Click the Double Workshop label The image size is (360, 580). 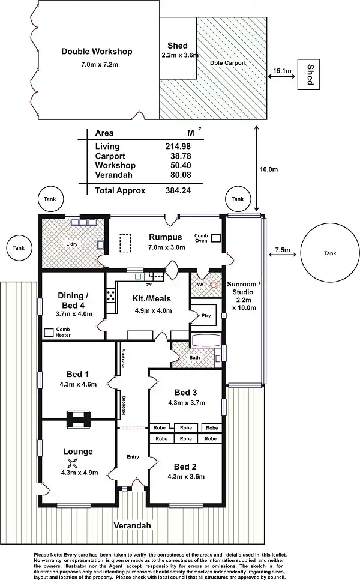click(97, 52)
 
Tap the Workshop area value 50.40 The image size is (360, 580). click(181, 165)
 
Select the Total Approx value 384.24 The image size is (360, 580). click(178, 190)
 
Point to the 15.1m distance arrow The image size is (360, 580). click(281, 77)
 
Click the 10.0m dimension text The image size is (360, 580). click(269, 169)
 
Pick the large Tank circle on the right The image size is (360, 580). click(329, 253)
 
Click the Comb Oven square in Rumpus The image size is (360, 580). click(216, 238)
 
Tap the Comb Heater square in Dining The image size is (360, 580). click(49, 332)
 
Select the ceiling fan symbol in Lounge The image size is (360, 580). click(73, 462)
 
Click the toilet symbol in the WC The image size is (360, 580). click(215, 285)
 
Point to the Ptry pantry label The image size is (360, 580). click(206, 316)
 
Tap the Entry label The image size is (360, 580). click(133, 457)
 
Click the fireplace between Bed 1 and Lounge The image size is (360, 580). click(79, 420)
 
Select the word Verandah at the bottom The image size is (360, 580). click(133, 525)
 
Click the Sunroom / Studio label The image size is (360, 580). click(243, 288)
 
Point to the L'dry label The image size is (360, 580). click(72, 244)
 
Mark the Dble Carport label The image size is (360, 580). click(227, 63)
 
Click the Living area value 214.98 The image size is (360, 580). click(178, 146)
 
